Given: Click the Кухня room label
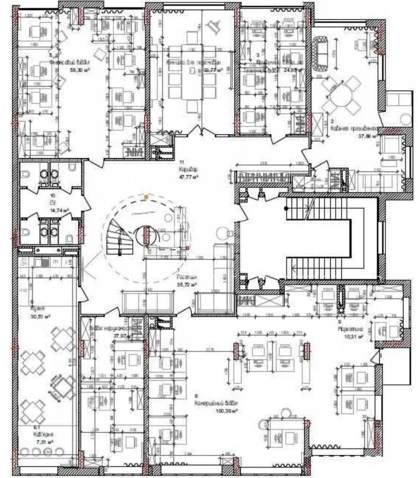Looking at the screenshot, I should [39, 308].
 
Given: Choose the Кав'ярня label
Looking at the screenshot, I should [44, 435].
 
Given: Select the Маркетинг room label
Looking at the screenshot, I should [350, 330].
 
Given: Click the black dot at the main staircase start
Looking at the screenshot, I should [285, 208].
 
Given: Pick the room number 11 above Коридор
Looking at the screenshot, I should [181, 163].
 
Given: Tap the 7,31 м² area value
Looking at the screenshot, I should [44, 442].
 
